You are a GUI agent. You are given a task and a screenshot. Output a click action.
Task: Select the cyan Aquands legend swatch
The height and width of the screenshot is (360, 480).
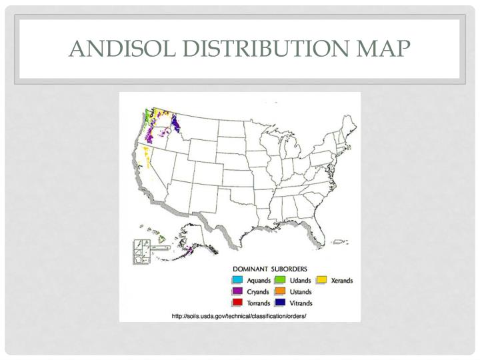[237, 281]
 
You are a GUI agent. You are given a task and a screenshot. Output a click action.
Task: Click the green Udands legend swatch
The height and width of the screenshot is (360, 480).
[281, 281]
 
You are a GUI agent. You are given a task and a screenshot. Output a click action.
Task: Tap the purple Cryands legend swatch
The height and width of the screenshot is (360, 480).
[237, 291]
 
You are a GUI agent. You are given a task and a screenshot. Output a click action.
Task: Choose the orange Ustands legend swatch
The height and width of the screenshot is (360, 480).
[281, 291]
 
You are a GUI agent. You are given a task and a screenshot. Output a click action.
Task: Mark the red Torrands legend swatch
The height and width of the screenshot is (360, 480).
[237, 302]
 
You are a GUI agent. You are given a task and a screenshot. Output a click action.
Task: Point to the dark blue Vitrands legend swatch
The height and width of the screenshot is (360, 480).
[281, 302]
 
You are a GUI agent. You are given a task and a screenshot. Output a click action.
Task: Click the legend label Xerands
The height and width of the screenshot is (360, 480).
[342, 281]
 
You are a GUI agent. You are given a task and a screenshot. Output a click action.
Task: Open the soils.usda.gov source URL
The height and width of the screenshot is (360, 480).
[239, 315]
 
